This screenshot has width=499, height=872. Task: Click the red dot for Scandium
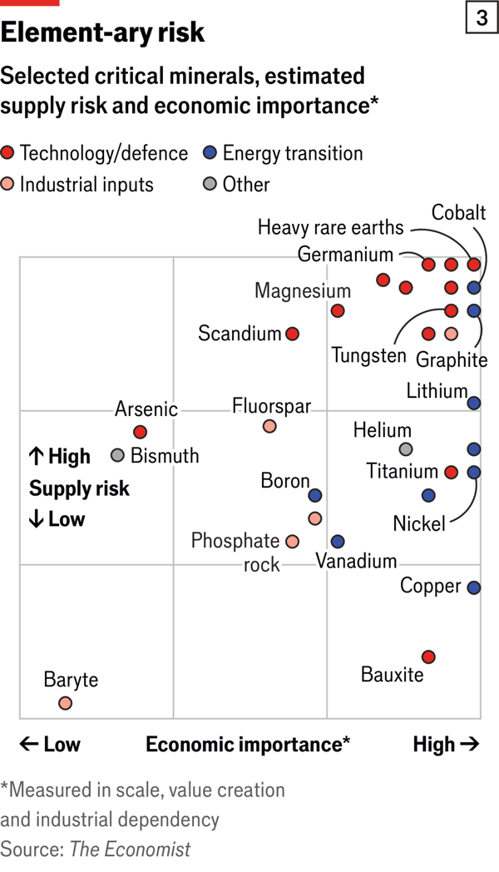coord(292,334)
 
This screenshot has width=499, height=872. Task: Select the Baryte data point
coord(65,703)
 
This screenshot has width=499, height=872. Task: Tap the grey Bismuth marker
coord(117,455)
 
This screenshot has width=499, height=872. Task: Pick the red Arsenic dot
coord(140,432)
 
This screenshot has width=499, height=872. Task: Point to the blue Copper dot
coord(473,587)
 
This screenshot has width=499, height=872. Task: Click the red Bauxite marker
coord(428,656)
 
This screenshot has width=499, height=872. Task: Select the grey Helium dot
coord(406,449)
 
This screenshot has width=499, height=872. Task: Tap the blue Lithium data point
coord(473,403)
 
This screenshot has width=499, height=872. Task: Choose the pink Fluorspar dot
coord(269,426)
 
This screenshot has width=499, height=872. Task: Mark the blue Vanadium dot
coord(338,542)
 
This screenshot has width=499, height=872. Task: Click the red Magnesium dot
coord(338,310)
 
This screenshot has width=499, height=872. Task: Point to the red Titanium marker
coord(451,473)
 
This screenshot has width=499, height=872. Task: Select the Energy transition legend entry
coord(284,153)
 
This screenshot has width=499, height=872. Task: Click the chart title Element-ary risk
coord(102,32)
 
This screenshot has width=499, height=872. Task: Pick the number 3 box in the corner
coord(482,17)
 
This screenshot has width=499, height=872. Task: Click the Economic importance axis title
coord(248,744)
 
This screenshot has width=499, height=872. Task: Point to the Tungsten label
coord(368,355)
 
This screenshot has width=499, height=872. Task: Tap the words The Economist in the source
coord(130,849)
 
